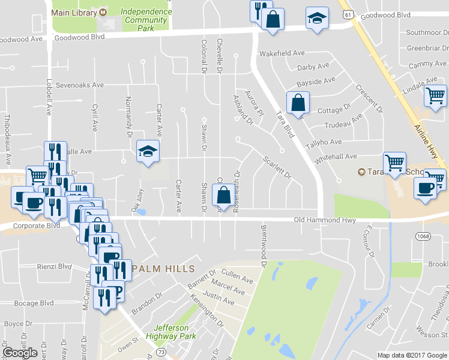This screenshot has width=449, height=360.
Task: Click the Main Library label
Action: pyautogui.click(x=74, y=13)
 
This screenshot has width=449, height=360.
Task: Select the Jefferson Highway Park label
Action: pyautogui.click(x=171, y=332)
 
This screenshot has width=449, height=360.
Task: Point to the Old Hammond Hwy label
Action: pyautogui.click(x=325, y=220)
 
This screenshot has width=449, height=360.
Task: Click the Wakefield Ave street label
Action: pyautogui.click(x=282, y=53)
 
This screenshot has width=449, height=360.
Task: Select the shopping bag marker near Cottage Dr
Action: pyautogui.click(x=298, y=103)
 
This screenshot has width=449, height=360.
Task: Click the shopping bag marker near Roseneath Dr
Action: pyautogui.click(x=223, y=195)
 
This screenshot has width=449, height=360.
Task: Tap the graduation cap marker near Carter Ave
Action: pyautogui.click(x=147, y=151)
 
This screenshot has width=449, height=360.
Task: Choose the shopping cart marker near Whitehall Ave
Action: pyautogui.click(x=395, y=163)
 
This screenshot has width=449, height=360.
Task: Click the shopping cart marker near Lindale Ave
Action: pyautogui.click(x=435, y=95)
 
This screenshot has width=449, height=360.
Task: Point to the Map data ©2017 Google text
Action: pyautogui.click(x=412, y=355)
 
